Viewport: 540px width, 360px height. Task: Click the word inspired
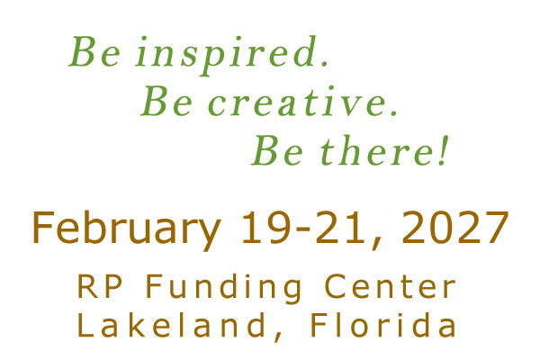pyautogui.click(x=226, y=55)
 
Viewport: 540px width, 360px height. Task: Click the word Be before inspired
pyautogui.click(x=94, y=51)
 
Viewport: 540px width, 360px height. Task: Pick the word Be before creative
pyautogui.click(x=166, y=101)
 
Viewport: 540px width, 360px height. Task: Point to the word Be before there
pyautogui.click(x=277, y=150)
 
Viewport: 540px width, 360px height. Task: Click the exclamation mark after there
pyautogui.click(x=444, y=150)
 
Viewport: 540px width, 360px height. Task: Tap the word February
pyautogui.click(x=126, y=229)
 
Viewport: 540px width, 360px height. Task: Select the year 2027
pyautogui.click(x=454, y=228)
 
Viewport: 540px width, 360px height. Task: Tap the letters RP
pyautogui.click(x=100, y=286)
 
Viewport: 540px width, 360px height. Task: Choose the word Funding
pyautogui.click(x=224, y=289)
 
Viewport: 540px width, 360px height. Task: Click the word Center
pyautogui.click(x=390, y=286)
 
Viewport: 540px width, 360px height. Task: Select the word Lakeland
pyautogui.click(x=171, y=325)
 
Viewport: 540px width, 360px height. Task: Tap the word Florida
pyautogui.click(x=383, y=325)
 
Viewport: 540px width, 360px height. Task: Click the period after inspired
pyautogui.click(x=324, y=63)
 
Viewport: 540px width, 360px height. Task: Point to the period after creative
pyautogui.click(x=394, y=113)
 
